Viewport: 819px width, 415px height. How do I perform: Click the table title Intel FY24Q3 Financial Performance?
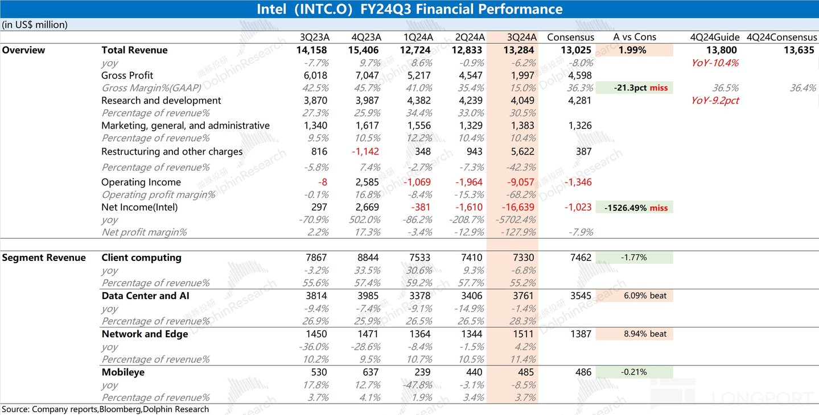tap(409, 9)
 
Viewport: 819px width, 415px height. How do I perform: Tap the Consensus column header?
tap(570, 37)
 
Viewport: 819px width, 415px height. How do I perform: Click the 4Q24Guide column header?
tap(715, 37)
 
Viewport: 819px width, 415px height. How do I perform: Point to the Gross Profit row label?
tap(127, 75)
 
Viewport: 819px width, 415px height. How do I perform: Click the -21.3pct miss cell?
tap(634, 88)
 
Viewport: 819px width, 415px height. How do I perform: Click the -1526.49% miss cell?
tap(634, 208)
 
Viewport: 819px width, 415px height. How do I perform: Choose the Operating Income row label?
tap(141, 182)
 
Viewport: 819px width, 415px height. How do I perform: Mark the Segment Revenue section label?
tap(44, 258)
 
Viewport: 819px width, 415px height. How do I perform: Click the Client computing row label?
tap(141, 258)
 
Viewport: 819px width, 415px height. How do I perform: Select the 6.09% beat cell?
tap(634, 296)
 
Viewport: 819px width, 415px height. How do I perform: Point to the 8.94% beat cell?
tap(634, 334)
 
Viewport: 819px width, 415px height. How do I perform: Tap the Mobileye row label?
tap(123, 372)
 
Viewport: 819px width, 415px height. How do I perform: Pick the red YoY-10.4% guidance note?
tap(715, 63)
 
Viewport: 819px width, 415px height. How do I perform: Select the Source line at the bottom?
tap(105, 409)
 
